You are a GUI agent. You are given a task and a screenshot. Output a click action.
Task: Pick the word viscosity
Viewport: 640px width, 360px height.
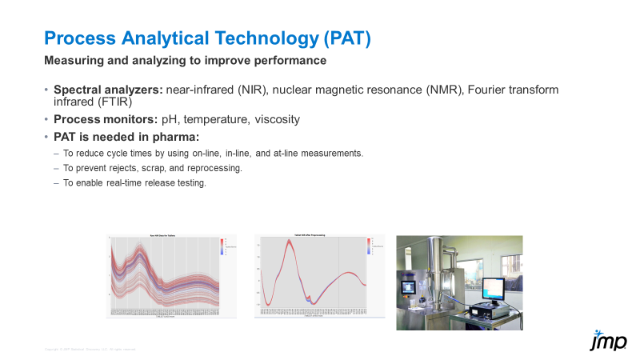[x=277, y=119]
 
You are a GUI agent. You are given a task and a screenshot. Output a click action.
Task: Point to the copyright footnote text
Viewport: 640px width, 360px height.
[x=90, y=350]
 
